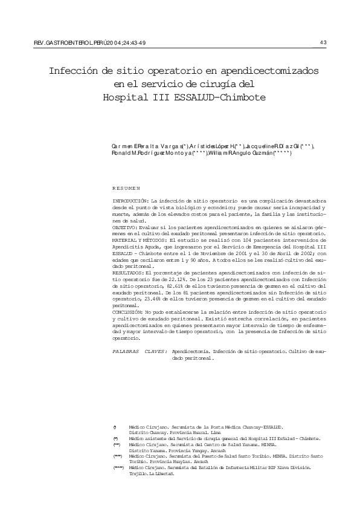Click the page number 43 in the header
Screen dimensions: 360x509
click(x=323, y=42)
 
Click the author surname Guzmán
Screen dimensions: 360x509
click(x=260, y=155)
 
